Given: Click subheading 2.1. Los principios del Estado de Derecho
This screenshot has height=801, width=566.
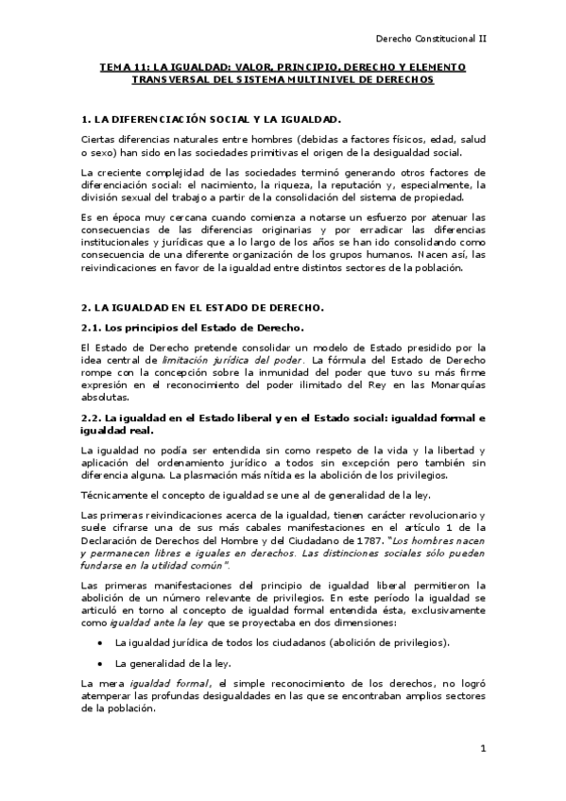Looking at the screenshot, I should (193, 327).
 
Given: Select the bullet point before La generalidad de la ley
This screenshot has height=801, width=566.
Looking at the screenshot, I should (99, 663).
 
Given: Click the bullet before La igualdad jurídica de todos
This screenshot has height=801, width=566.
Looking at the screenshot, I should (99, 642).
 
